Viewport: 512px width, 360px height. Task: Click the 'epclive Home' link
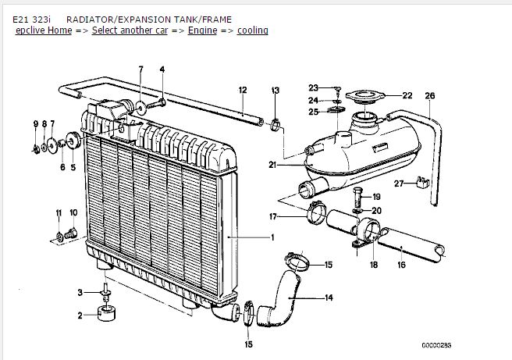(42, 30)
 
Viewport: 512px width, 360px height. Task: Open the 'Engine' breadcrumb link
(202, 30)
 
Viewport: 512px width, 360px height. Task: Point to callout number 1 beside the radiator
(272, 237)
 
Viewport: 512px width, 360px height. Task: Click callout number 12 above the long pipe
(243, 90)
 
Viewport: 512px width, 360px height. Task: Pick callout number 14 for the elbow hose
(329, 298)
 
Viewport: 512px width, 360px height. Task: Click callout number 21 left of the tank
(272, 164)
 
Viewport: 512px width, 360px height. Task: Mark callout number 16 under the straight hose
(401, 266)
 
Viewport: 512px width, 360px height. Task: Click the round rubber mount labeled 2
(105, 315)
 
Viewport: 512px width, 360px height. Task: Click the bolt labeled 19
(357, 194)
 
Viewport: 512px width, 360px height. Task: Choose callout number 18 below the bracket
(373, 266)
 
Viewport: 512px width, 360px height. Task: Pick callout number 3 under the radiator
(80, 292)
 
